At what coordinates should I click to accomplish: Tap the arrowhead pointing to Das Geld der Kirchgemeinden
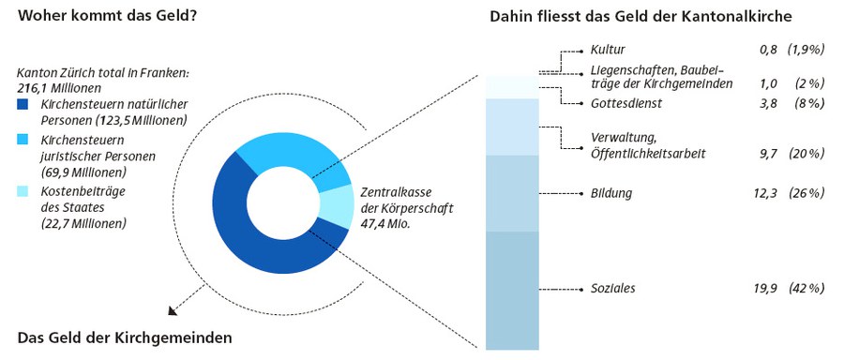(172, 313)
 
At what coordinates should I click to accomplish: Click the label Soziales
(613, 289)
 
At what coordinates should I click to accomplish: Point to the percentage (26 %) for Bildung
(806, 194)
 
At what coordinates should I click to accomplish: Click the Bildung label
(611, 194)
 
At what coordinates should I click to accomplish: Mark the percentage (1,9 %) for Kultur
(806, 50)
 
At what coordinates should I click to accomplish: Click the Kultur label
(608, 50)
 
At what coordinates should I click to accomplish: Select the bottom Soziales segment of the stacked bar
(513, 289)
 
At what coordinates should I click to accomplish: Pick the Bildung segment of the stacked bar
(513, 193)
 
